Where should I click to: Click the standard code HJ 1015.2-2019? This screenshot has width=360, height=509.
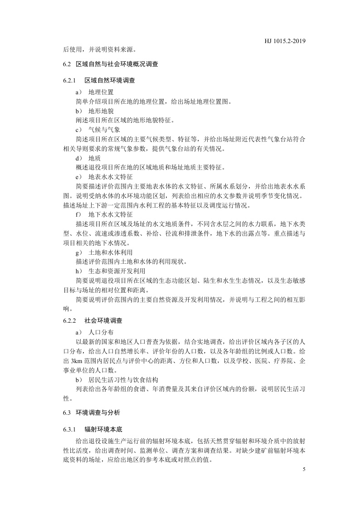(285, 41)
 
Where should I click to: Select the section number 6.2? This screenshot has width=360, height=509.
(67, 64)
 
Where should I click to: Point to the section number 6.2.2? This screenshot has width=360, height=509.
(69, 320)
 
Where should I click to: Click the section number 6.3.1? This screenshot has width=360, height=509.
(69, 428)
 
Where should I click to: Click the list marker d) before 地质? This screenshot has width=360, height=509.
(78, 159)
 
